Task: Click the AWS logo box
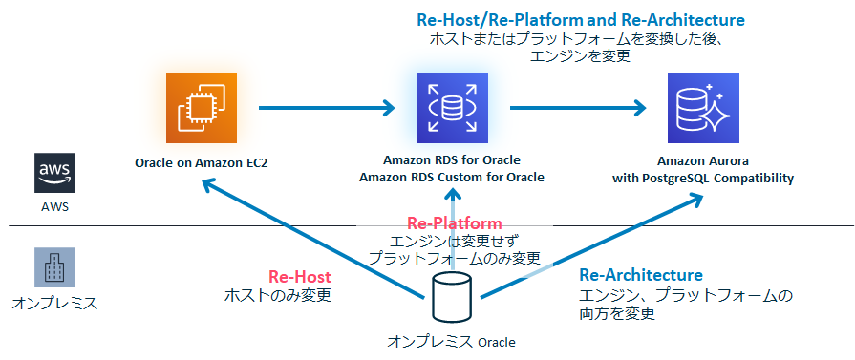point(53,173)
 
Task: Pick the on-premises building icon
point(53,267)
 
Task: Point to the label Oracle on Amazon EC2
point(201,162)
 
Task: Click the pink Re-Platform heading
point(455,222)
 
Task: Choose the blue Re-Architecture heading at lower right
point(641,276)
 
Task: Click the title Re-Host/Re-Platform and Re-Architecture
point(581,19)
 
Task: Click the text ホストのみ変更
point(277,295)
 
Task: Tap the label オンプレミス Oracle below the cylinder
point(451,341)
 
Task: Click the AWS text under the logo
point(53,206)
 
